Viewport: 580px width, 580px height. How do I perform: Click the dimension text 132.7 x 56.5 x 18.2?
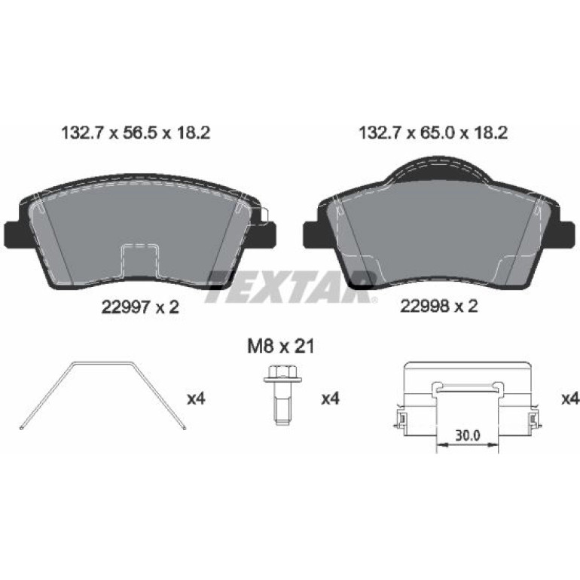(x=136, y=133)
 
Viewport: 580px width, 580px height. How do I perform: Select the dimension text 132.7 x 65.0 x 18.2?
(x=433, y=133)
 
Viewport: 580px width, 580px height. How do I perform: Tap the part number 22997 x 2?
(x=140, y=307)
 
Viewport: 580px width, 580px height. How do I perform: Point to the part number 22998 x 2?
(x=438, y=306)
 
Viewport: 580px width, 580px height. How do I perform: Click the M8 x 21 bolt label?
(x=280, y=347)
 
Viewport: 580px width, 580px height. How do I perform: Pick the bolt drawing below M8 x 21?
(x=282, y=395)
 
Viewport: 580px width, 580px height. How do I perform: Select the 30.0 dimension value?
(x=468, y=435)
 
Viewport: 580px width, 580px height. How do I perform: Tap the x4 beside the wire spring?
(x=196, y=398)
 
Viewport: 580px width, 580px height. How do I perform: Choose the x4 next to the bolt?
(x=331, y=398)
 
